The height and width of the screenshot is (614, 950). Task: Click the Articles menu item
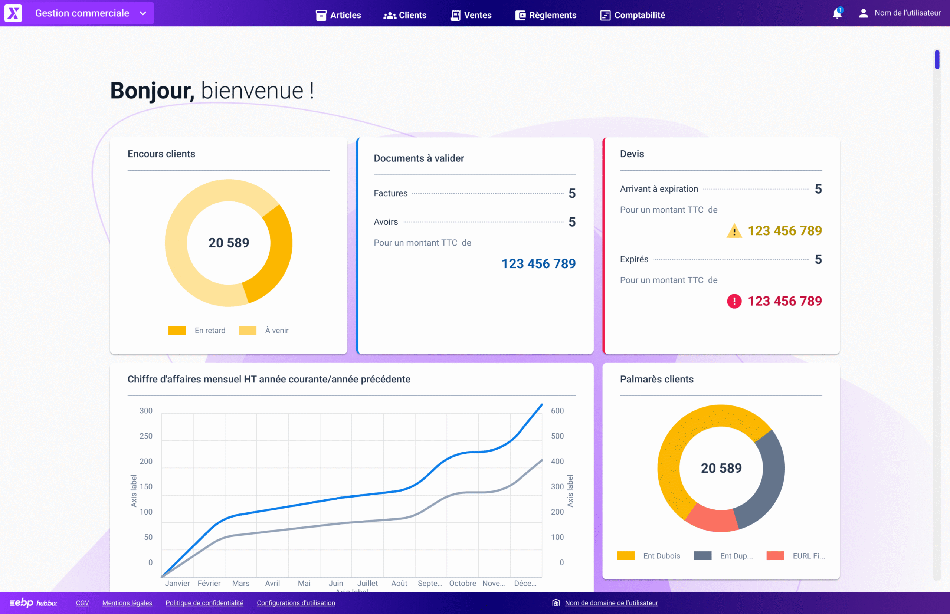tap(338, 15)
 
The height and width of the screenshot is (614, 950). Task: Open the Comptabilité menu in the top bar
tap(633, 15)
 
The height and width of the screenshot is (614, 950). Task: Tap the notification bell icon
tap(837, 14)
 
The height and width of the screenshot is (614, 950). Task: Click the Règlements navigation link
tap(546, 15)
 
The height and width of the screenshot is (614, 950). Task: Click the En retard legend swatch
tap(177, 330)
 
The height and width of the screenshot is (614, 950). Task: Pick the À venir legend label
tap(276, 331)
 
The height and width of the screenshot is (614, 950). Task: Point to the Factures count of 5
tap(572, 193)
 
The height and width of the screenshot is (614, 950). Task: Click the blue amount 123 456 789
tap(538, 263)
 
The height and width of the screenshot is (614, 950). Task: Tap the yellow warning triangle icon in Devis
tap(734, 231)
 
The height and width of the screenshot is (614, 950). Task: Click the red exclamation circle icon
tap(734, 301)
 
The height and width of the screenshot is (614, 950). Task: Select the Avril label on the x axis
tap(272, 583)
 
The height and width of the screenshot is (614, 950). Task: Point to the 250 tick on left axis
tap(145, 436)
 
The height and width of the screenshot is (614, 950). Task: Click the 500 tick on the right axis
tap(557, 436)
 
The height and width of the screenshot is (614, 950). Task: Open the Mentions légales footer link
tap(127, 603)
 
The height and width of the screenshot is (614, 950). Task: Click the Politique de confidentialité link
tap(204, 603)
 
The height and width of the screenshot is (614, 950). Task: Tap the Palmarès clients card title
tap(656, 379)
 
